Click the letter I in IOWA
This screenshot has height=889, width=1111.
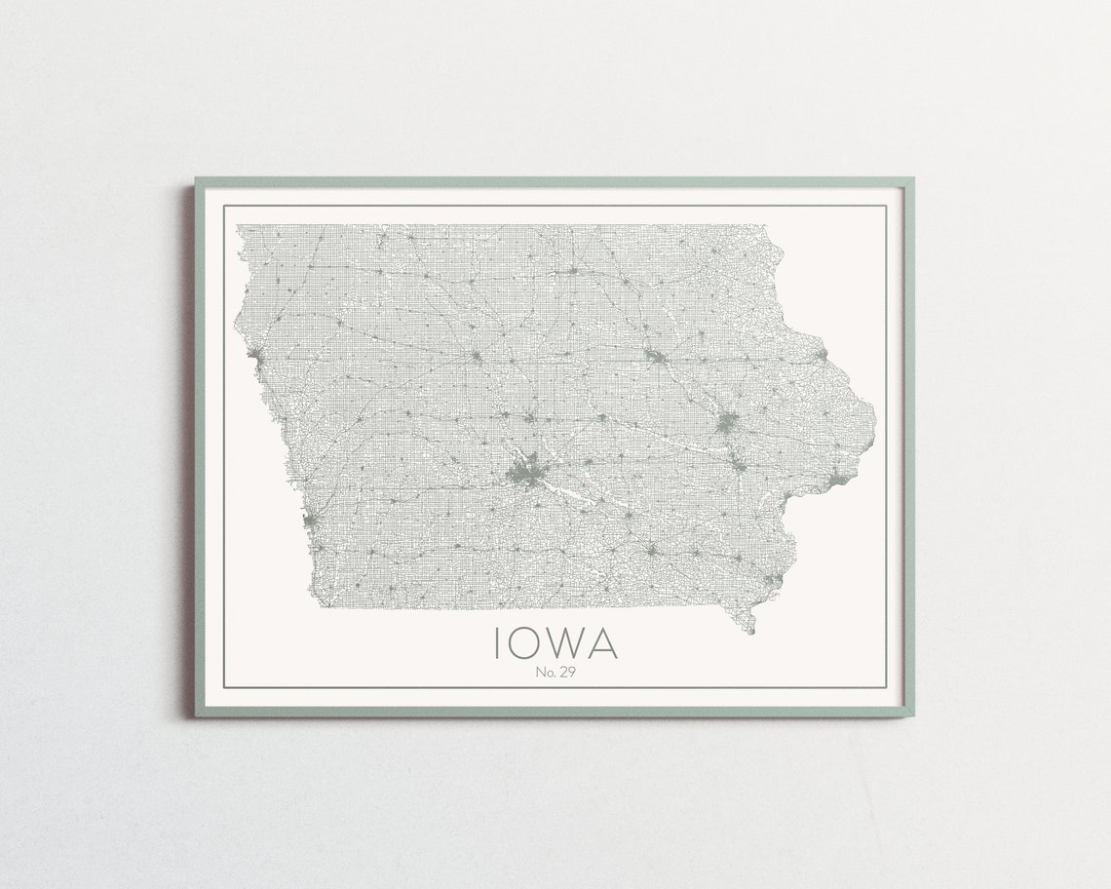(x=498, y=643)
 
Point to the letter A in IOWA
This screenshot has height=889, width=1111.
(x=603, y=643)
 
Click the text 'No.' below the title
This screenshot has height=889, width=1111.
(x=542, y=672)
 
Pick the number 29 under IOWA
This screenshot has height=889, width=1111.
(x=564, y=672)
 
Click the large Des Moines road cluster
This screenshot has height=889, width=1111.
(x=524, y=476)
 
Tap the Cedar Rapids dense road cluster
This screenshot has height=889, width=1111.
(x=727, y=424)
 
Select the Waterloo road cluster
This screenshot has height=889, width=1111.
(x=656, y=359)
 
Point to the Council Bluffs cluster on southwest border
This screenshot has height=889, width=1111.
(x=310, y=522)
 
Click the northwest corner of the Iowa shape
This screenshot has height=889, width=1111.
(x=238, y=227)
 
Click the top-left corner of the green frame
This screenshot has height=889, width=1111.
(x=196, y=179)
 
